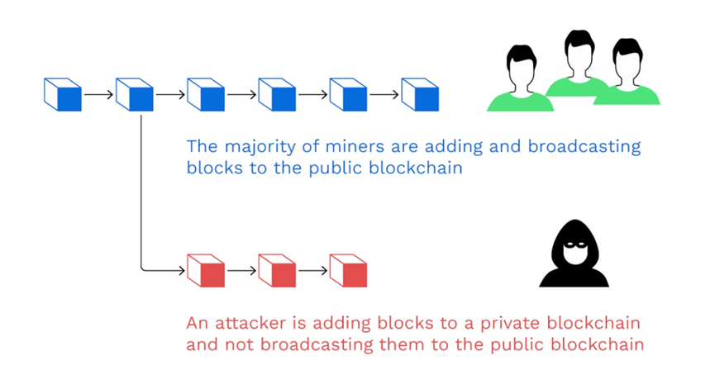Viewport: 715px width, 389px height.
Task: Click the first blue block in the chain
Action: [x=63, y=95]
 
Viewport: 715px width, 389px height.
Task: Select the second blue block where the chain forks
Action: [x=135, y=95]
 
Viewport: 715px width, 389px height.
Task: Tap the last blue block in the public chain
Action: [x=420, y=95]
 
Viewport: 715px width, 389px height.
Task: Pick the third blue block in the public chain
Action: [x=206, y=95]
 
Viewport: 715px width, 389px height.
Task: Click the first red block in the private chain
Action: [x=206, y=270]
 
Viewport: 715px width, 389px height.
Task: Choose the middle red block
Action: [x=277, y=270]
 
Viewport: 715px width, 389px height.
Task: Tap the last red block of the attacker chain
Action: [x=348, y=270]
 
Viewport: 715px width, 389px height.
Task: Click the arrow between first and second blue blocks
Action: [x=98, y=95]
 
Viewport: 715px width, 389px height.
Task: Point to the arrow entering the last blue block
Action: [x=384, y=95]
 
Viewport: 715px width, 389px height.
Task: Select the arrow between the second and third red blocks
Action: [x=312, y=270]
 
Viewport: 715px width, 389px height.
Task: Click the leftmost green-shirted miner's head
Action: [x=520, y=66]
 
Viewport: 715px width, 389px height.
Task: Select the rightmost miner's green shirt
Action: [x=636, y=93]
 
